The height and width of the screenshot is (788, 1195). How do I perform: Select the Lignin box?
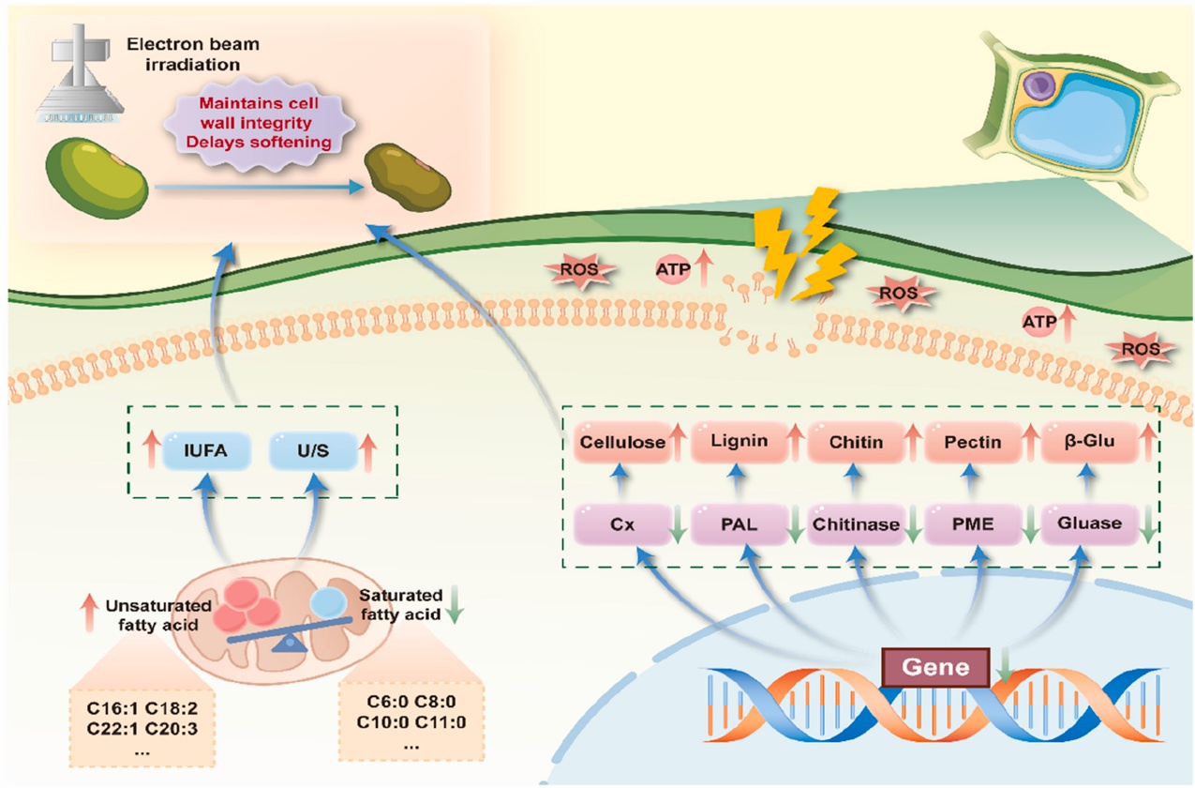[736, 440]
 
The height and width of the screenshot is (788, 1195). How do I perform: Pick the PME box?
[972, 523]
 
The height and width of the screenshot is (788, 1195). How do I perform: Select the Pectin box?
[972, 441]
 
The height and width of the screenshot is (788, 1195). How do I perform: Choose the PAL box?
[739, 523]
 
